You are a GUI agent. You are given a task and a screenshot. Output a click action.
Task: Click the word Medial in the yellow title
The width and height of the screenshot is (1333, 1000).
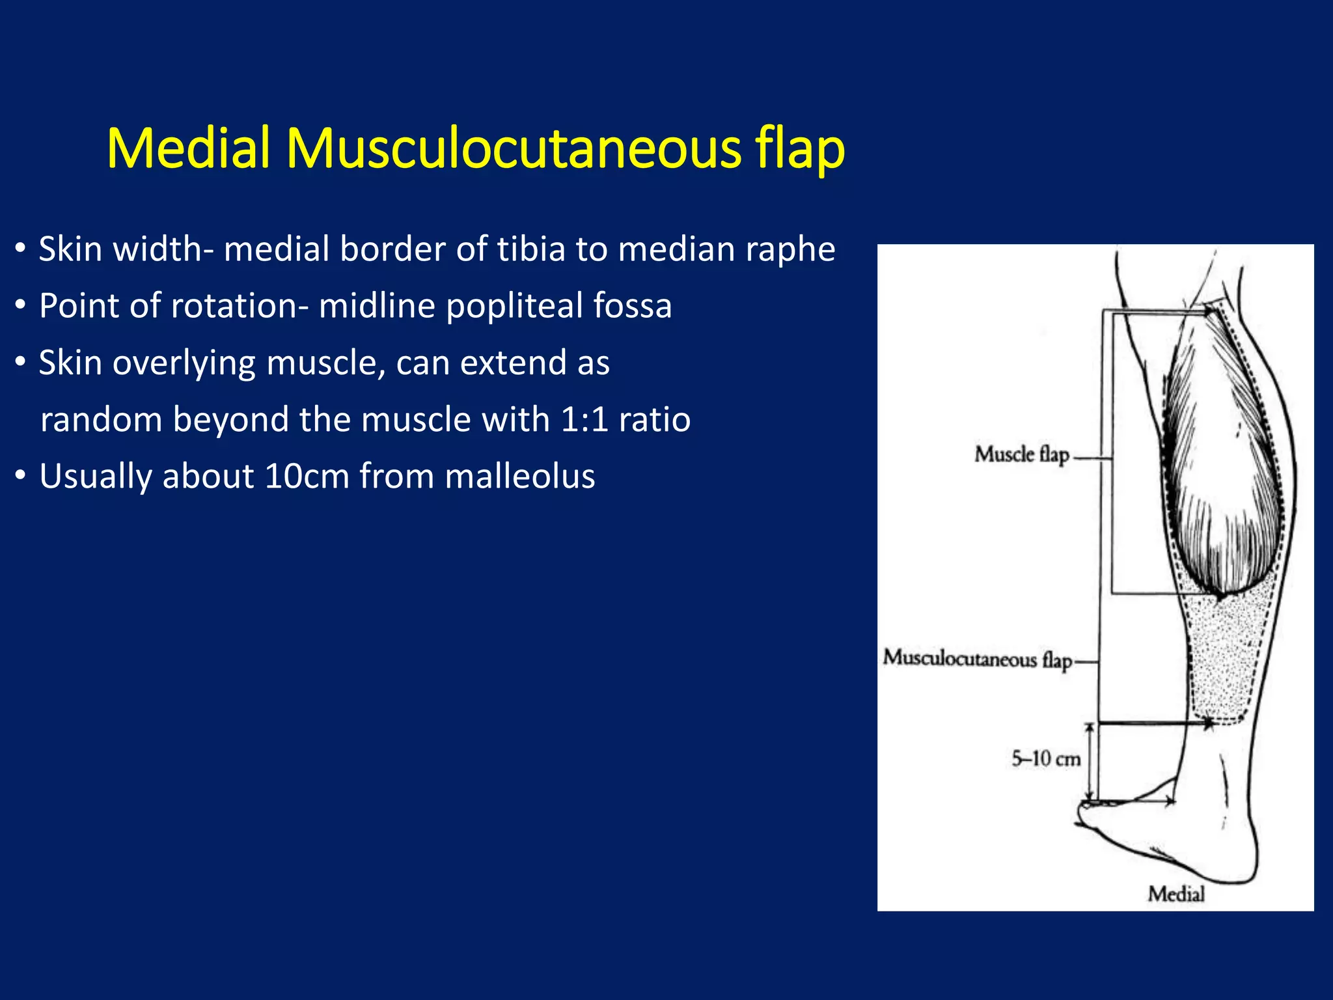(189, 148)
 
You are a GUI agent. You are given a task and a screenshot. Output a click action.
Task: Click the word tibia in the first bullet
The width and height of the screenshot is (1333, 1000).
(530, 249)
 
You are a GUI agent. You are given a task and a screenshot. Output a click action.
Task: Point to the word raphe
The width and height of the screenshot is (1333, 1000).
(790, 249)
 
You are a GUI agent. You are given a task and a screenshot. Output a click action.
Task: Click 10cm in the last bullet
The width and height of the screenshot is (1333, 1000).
(307, 476)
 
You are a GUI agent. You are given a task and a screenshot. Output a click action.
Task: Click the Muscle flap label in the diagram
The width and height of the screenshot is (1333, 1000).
(1021, 454)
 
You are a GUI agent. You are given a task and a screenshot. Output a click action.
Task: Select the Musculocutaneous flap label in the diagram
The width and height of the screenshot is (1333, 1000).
(977, 658)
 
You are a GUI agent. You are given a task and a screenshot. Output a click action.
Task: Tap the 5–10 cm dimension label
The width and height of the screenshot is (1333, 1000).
(1046, 758)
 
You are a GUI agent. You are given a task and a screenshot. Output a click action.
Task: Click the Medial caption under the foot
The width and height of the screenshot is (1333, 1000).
(1175, 894)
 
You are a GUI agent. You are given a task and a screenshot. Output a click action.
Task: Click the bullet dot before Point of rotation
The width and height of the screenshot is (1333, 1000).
(21, 305)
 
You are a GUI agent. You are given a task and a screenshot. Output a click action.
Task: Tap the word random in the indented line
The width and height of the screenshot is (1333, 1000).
(100, 419)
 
